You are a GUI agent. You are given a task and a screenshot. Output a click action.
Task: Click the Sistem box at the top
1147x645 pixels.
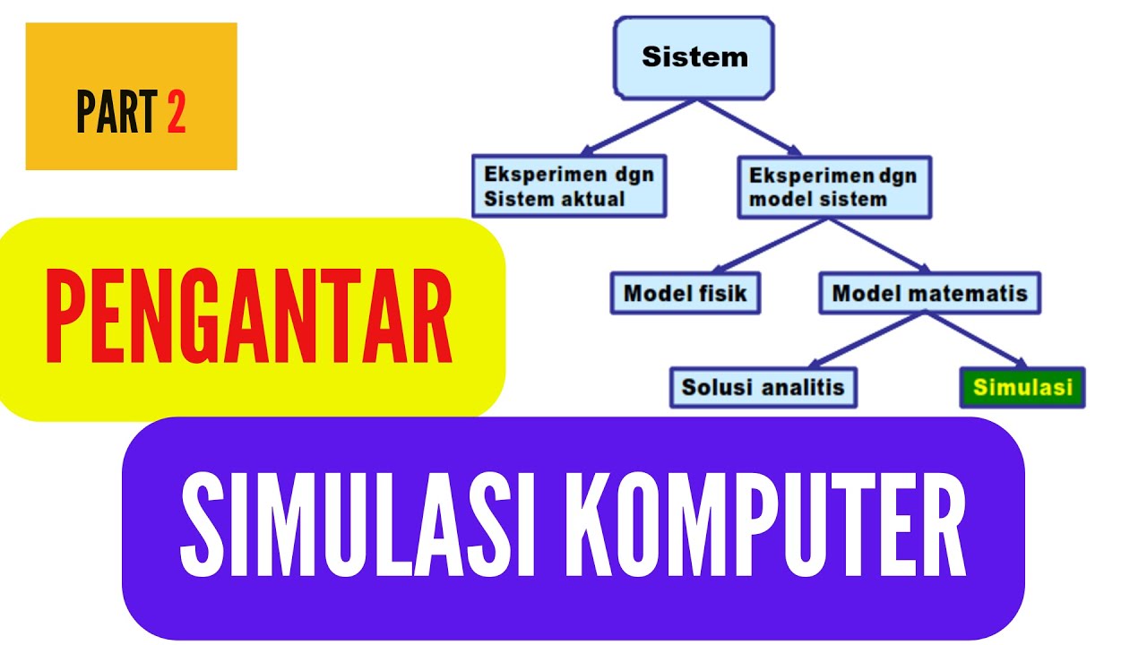694,56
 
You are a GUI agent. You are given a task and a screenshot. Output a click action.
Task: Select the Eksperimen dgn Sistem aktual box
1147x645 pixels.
569,186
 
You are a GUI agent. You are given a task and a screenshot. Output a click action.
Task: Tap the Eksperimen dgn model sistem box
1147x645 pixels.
833,186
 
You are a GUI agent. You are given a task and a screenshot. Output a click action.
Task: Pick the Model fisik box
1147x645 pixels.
685,293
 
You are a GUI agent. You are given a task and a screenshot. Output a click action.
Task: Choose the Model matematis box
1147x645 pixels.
929,293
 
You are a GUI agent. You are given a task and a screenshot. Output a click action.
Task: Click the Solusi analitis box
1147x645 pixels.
763,387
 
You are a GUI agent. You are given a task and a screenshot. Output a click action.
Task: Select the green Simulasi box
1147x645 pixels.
1022,388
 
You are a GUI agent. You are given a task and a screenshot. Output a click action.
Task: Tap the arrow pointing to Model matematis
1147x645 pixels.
878,245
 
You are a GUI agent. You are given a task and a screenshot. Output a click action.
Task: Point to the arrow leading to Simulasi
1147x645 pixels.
977,340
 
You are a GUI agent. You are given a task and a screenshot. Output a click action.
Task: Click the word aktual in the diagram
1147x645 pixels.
591,199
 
